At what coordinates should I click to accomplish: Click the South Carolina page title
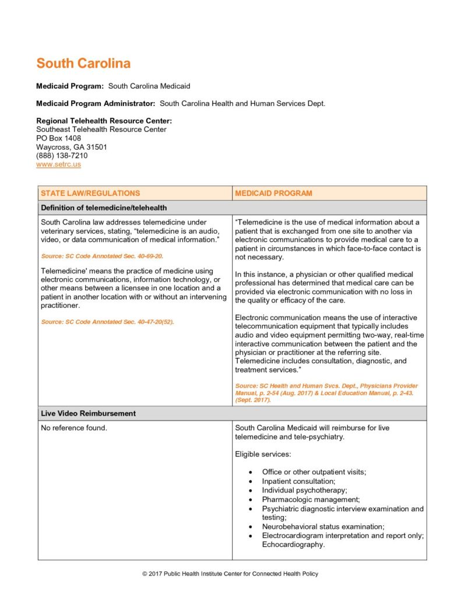pos(83,64)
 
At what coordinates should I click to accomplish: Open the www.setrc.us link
pos(58,164)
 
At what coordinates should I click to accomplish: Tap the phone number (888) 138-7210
pos(62,156)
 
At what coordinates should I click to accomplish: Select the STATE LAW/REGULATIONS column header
pos(90,193)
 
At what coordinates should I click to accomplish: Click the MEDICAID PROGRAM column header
pos(273,193)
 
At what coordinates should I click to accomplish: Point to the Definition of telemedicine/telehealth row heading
pos(104,208)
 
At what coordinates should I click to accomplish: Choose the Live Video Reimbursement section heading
pos(88,413)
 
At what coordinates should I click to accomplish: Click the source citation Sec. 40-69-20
pos(102,256)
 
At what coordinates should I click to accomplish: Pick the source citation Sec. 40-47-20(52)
pos(107,322)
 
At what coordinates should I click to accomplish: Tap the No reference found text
pos(74,428)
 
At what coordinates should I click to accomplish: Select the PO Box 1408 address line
pos(59,138)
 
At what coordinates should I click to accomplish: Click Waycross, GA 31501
pos(72,147)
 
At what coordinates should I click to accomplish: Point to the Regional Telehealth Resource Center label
pos(104,121)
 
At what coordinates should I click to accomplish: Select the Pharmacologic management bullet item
pos(311,500)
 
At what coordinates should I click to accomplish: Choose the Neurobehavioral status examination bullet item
pos(323,526)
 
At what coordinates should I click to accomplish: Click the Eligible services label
pos(262,453)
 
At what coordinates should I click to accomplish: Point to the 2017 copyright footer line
pos(230,574)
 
